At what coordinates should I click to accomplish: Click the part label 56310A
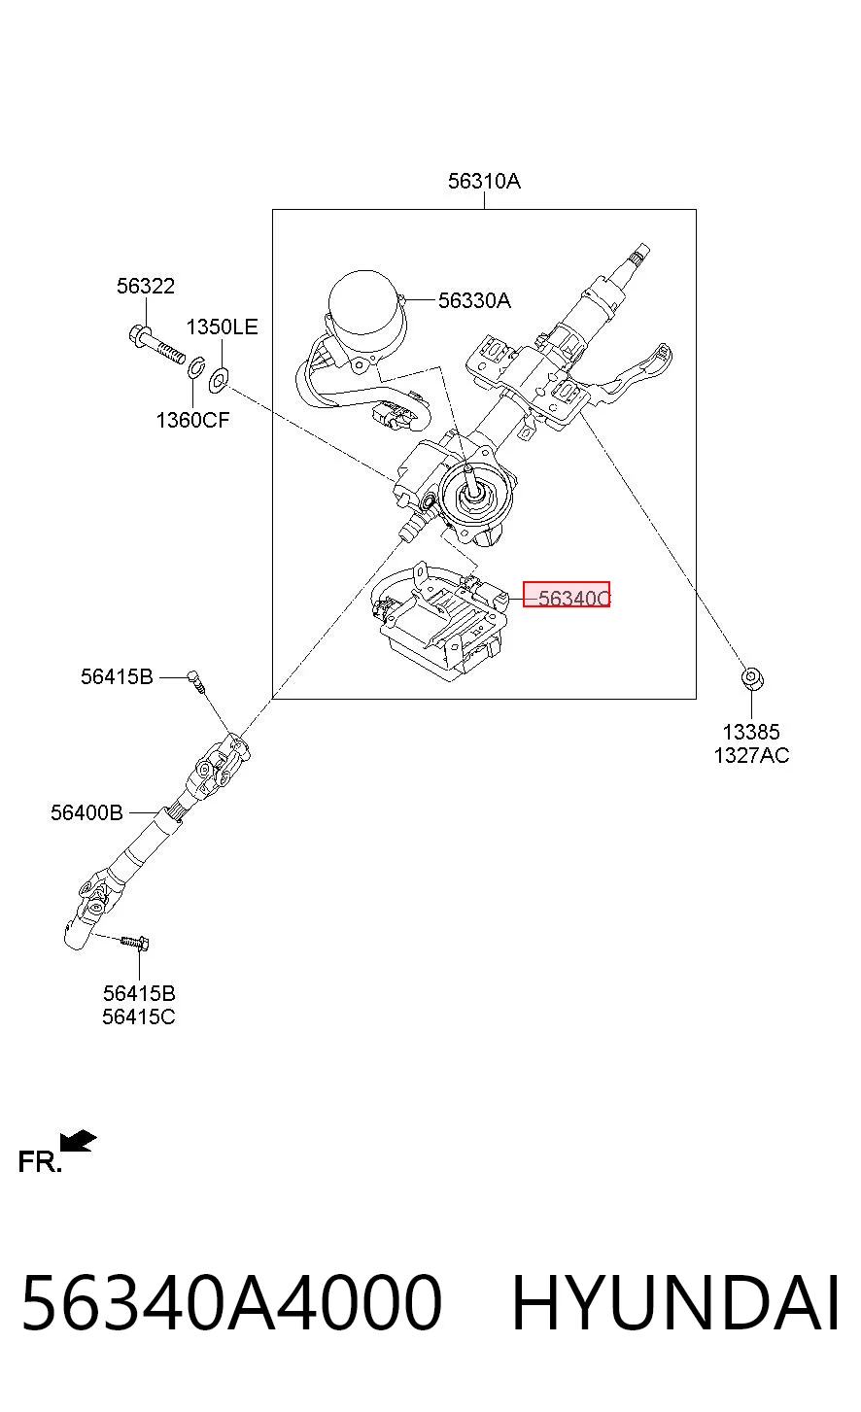click(x=484, y=182)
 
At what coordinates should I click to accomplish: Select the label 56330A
click(x=474, y=300)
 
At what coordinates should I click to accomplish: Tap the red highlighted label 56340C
click(x=567, y=595)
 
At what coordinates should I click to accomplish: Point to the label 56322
click(x=146, y=286)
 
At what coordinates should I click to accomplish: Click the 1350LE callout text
click(x=222, y=327)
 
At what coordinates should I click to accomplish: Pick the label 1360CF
click(x=192, y=420)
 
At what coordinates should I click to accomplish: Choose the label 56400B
click(x=87, y=812)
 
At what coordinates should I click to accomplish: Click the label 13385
click(x=751, y=732)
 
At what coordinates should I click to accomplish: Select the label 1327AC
click(x=751, y=755)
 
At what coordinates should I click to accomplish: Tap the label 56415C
click(x=139, y=1016)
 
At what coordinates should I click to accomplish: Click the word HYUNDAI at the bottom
click(x=675, y=1302)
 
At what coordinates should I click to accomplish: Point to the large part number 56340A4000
click(x=232, y=1302)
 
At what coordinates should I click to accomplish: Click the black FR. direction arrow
click(x=78, y=1140)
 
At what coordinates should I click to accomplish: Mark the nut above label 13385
click(x=751, y=678)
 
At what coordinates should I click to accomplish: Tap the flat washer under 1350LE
click(x=218, y=378)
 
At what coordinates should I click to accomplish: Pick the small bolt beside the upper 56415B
click(x=196, y=681)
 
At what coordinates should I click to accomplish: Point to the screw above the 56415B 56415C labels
click(x=135, y=943)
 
